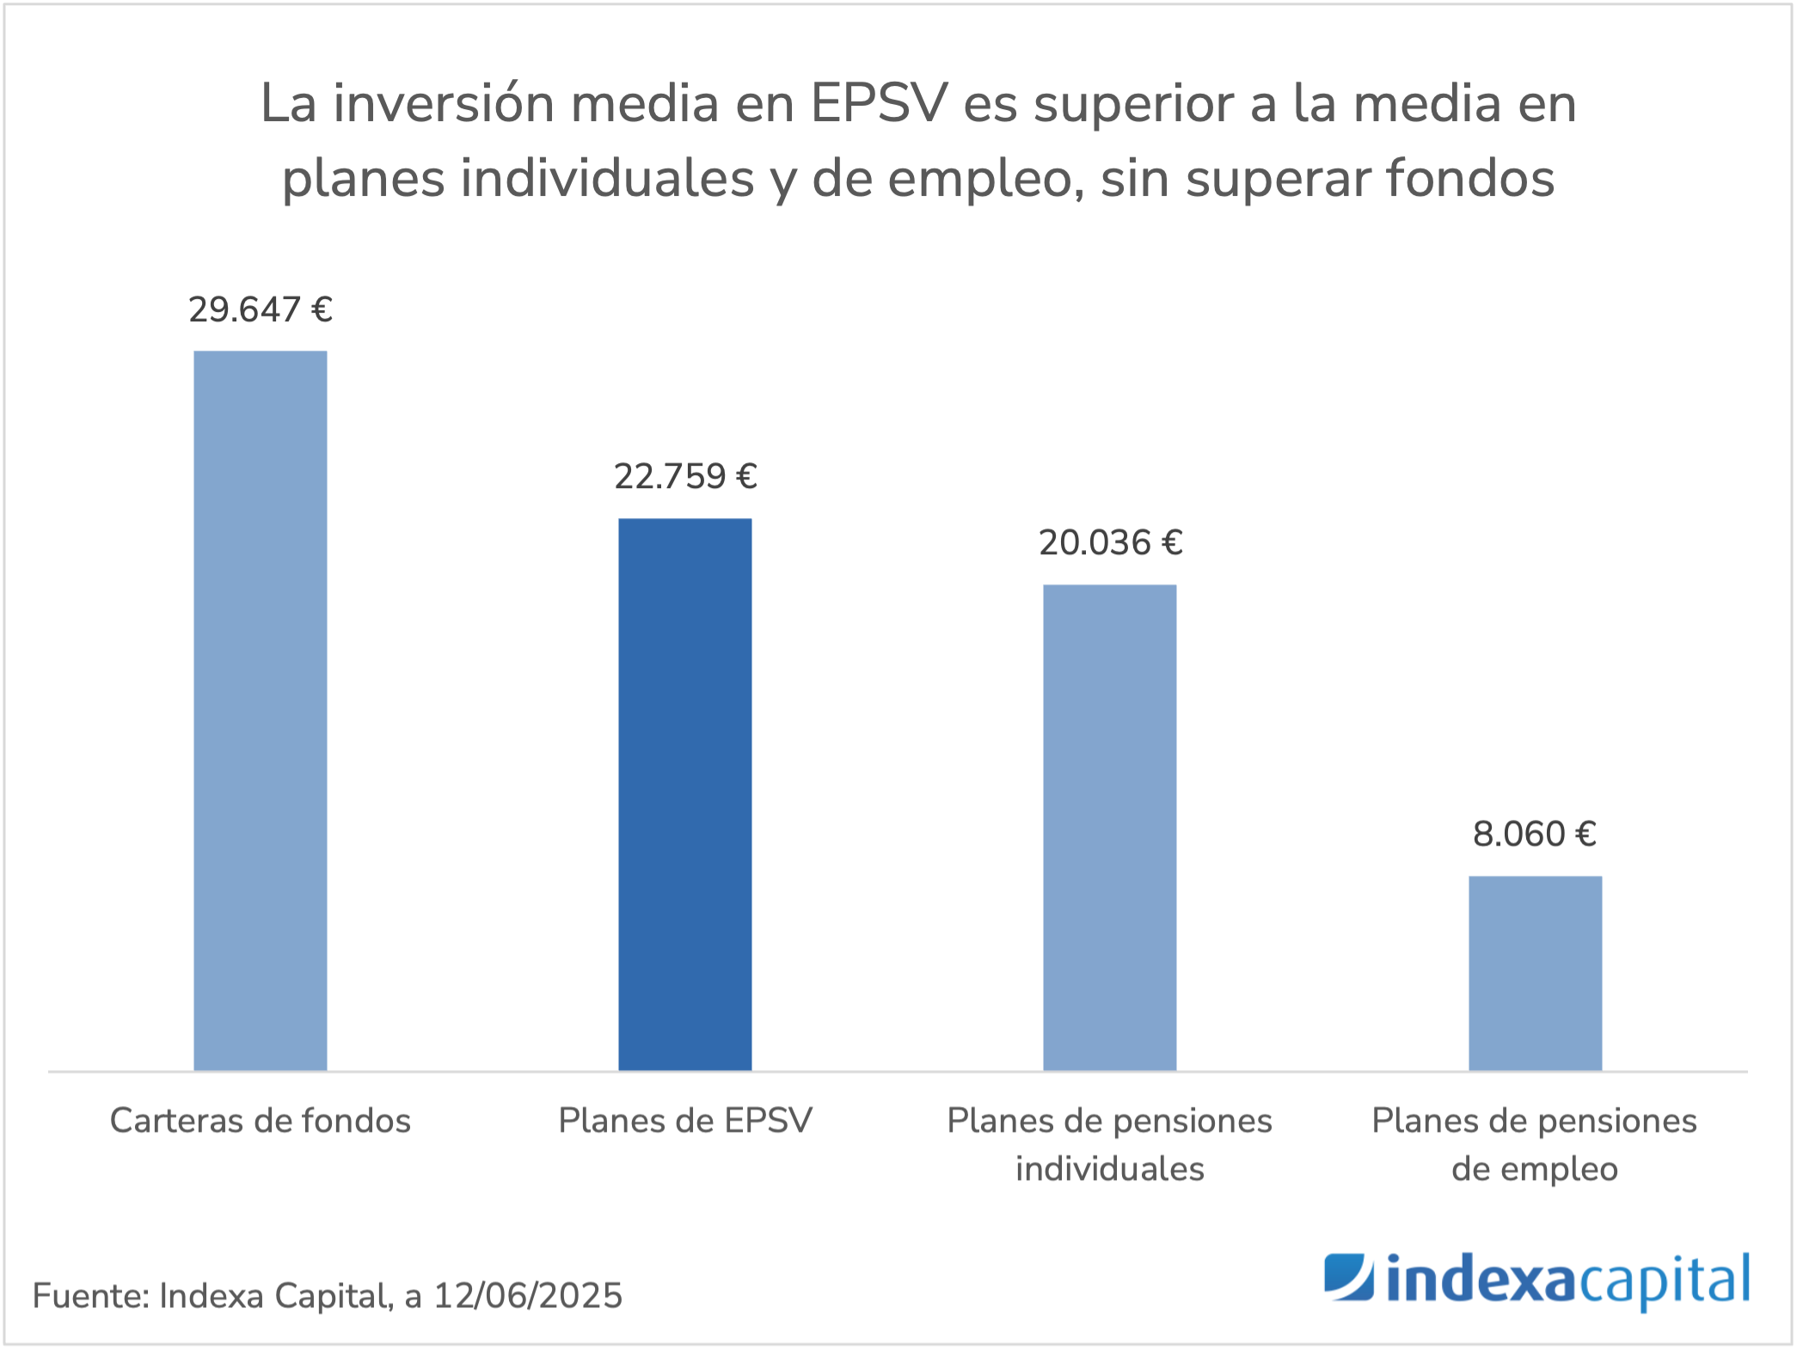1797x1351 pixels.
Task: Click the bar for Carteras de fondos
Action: [x=260, y=710]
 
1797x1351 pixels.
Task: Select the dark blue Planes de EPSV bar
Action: [x=684, y=794]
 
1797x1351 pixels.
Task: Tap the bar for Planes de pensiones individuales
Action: [x=1109, y=827]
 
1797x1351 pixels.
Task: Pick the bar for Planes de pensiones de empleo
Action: [x=1535, y=973]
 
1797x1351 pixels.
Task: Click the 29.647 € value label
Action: [x=260, y=309]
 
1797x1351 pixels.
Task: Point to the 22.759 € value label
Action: [x=685, y=476]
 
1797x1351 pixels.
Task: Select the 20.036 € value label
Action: [x=1110, y=542]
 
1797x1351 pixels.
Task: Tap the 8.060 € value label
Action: [x=1535, y=834]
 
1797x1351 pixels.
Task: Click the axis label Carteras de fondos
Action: [x=260, y=1121]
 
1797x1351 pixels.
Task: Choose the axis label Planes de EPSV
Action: [x=685, y=1121]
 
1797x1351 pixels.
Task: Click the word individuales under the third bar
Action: [x=1109, y=1169]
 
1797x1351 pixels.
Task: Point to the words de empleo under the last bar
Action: [x=1535, y=1169]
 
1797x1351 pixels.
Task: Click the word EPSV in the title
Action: [x=879, y=103]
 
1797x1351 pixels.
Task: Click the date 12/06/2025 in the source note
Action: [x=527, y=1296]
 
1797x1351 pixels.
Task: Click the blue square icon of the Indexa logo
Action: [x=1348, y=1277]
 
